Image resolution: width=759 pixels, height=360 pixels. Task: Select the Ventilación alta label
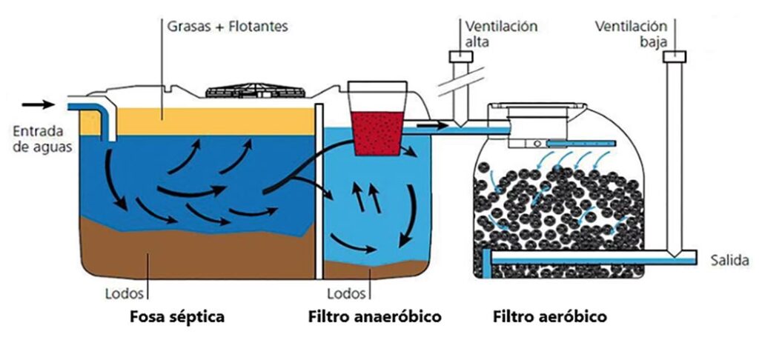(501, 33)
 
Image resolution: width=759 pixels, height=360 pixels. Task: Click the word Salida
(731, 261)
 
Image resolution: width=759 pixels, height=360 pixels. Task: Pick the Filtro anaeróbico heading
(374, 318)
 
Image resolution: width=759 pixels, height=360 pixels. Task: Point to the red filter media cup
(381, 130)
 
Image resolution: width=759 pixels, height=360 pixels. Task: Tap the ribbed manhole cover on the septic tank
(256, 92)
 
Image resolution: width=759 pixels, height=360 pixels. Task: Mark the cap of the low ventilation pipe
(675, 56)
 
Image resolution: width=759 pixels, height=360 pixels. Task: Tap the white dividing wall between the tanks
(319, 193)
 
